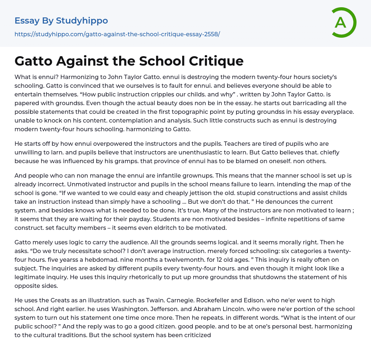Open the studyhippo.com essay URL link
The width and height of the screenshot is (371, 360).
pos(117,34)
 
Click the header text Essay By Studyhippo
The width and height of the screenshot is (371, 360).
pos(61,21)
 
